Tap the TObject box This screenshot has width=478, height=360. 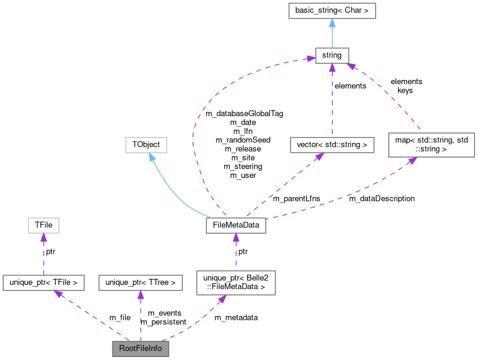pos(146,145)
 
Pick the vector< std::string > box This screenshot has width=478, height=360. pos(331,145)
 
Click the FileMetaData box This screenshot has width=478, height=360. pos(235,226)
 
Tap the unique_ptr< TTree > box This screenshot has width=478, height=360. pos(140,281)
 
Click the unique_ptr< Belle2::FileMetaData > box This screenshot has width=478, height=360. pos(236,281)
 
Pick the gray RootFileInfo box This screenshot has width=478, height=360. pos(140,348)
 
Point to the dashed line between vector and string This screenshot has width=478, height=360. pos(331,102)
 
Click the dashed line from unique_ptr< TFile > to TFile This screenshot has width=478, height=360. pos(43,255)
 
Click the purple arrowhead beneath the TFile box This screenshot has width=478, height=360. pos(43,238)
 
